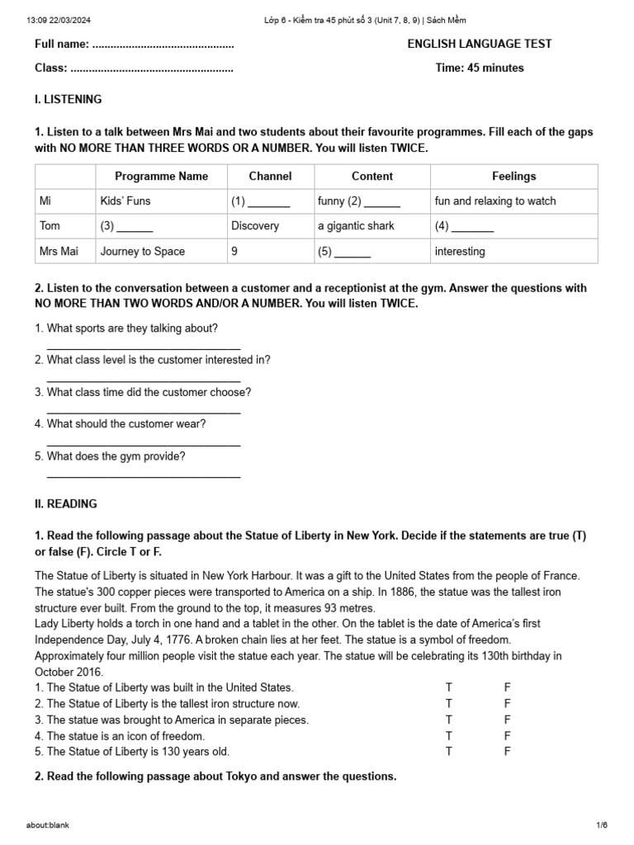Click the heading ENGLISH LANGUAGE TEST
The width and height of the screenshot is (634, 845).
tap(480, 44)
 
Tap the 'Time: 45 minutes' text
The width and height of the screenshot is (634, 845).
tap(480, 68)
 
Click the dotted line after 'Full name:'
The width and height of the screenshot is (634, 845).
tap(163, 45)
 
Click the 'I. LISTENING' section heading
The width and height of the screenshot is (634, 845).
tap(69, 99)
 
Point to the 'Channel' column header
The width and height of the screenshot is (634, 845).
tap(270, 176)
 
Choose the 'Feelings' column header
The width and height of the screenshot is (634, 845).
tap(513, 176)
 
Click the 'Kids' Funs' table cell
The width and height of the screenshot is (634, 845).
tap(125, 201)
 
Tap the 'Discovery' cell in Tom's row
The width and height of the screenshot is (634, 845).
tap(255, 225)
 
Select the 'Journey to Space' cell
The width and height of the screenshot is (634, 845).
tap(143, 251)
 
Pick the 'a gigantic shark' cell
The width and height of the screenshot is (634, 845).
tap(356, 225)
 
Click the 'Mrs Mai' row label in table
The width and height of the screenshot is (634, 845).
tap(59, 251)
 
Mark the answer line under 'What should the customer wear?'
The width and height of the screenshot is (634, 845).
tap(144, 444)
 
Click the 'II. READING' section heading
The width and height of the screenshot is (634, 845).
tap(66, 503)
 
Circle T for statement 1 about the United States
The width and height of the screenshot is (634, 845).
tap(449, 687)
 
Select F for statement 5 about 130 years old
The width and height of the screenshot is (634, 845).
tap(508, 752)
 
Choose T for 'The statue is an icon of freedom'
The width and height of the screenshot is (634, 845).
tap(449, 735)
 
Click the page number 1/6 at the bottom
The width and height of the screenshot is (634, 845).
tap(601, 825)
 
